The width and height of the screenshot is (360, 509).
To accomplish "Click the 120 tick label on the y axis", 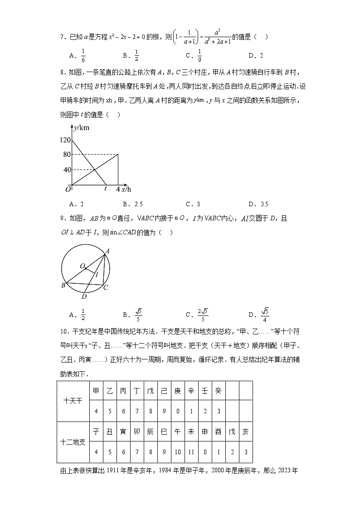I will tap(65, 140).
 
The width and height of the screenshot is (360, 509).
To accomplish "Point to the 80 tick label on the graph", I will tap(67, 155).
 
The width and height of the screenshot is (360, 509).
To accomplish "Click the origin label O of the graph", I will tap(68, 189).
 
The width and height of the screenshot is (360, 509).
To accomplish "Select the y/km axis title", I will tap(82, 128).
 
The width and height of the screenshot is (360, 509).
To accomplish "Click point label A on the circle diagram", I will tap(107, 251).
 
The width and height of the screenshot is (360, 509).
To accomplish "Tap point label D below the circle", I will tap(84, 297).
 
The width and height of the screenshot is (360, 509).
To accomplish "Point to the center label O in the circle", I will tap(82, 266).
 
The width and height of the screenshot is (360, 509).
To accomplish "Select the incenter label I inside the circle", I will tap(96, 274).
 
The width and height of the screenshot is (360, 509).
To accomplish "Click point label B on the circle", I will tap(63, 286).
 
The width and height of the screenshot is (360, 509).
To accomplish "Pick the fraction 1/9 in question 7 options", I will tap(199, 55).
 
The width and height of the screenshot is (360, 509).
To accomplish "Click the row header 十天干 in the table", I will tap(73, 401).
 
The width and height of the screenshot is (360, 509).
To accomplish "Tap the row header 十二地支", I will tap(73, 442).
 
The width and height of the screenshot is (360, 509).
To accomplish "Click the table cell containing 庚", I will tap(177, 391).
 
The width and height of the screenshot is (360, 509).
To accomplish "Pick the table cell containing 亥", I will tap(245, 431).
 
